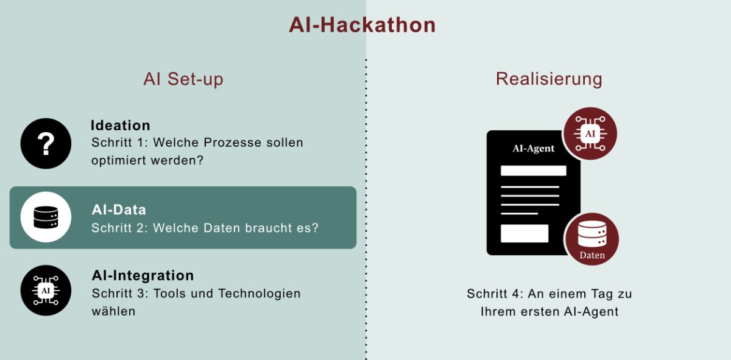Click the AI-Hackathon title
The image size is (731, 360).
(362, 25)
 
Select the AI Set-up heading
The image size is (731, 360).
(183, 79)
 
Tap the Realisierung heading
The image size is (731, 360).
(549, 79)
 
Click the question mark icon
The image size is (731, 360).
(46, 144)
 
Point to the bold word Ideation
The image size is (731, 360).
(121, 125)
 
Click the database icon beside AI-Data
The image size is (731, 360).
(46, 217)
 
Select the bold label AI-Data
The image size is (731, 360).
(119, 210)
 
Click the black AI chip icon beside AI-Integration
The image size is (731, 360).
(46, 290)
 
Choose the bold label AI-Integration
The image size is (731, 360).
(143, 275)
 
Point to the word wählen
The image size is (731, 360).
(113, 311)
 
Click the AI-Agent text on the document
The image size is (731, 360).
(534, 149)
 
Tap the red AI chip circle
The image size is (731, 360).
(590, 134)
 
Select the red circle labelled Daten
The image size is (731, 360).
(592, 239)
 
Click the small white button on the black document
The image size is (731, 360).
(524, 233)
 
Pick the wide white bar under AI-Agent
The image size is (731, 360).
(534, 171)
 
